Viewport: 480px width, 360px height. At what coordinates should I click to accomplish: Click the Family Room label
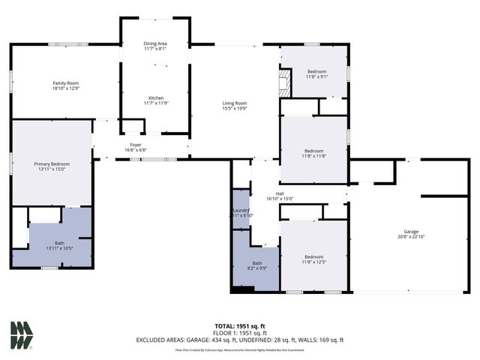click(66, 82)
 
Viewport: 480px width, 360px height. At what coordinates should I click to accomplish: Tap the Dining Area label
click(155, 44)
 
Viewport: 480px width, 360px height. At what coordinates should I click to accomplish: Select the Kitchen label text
click(155, 97)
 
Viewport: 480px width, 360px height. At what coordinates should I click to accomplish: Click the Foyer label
click(136, 144)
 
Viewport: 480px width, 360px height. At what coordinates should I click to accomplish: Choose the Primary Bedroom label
click(52, 163)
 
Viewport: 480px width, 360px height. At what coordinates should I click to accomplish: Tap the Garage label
click(411, 232)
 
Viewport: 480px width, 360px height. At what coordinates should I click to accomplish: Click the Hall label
click(280, 193)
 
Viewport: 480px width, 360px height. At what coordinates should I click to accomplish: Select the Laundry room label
click(241, 210)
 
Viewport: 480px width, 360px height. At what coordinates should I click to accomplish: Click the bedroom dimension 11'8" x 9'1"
click(316, 76)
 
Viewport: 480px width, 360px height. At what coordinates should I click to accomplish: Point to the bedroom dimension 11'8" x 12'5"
click(313, 262)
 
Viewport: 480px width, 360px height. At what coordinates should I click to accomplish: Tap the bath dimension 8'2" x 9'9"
click(257, 268)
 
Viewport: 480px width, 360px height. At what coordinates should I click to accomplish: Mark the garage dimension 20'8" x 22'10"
click(411, 237)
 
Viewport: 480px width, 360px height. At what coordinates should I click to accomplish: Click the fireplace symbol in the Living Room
click(284, 83)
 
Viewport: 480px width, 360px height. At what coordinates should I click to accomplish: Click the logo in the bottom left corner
click(22, 335)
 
